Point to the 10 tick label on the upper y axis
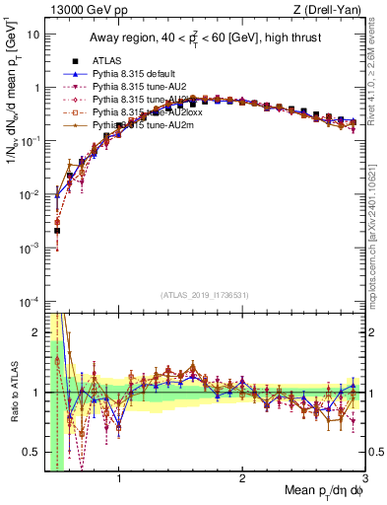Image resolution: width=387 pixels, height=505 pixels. pos(32,35)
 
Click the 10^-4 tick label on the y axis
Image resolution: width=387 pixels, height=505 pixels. pos(29,301)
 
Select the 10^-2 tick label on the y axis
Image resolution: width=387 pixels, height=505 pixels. pos(29,194)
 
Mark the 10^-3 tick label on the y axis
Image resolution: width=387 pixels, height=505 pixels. pos(29,248)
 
